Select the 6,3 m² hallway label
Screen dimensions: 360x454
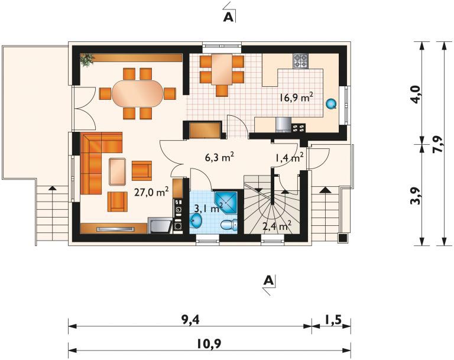click(219, 157)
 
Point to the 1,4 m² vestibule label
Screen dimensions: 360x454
click(289, 157)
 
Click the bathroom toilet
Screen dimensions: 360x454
click(229, 224)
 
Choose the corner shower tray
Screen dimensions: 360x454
click(228, 202)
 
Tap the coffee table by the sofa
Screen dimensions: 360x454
click(118, 170)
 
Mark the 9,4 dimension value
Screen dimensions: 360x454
click(190, 319)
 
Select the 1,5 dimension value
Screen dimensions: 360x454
click(332, 319)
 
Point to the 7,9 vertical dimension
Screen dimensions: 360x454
click(437, 144)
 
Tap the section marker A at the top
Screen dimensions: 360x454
click(229, 17)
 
